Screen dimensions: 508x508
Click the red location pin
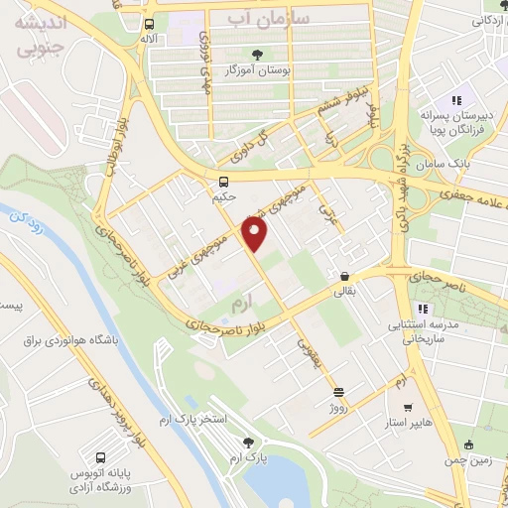click(x=256, y=234)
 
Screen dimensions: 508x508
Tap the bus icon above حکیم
click(x=224, y=182)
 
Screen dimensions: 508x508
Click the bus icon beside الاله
click(x=149, y=24)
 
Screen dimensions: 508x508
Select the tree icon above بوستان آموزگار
click(x=258, y=55)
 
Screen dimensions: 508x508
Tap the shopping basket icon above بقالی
click(x=344, y=277)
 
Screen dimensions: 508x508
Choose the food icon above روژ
click(x=338, y=392)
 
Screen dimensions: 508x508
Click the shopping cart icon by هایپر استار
click(x=407, y=407)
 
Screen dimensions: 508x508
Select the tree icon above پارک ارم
click(x=248, y=444)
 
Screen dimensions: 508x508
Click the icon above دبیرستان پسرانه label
click(x=456, y=99)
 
